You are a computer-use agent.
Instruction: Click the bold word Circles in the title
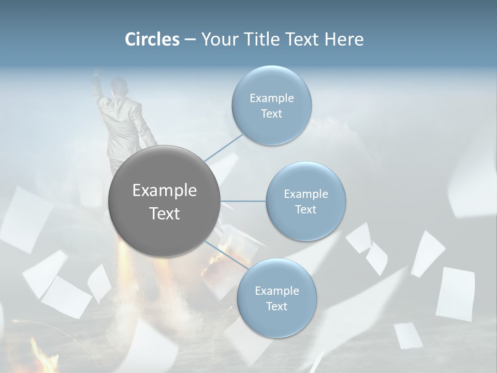[x=152, y=39]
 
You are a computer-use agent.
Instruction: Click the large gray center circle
[x=165, y=201]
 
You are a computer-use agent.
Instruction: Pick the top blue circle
[x=271, y=105]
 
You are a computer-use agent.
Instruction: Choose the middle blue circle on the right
[x=306, y=201]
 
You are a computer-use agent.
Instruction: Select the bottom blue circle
[x=276, y=298]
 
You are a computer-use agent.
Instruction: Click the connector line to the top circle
[x=224, y=147]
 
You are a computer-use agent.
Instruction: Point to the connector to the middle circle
[x=243, y=201]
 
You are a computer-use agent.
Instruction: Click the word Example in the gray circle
[x=165, y=191]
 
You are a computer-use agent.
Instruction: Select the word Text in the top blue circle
[x=271, y=114]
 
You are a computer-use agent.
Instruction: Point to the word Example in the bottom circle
[x=276, y=291]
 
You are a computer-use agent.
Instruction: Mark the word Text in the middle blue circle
[x=306, y=209]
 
